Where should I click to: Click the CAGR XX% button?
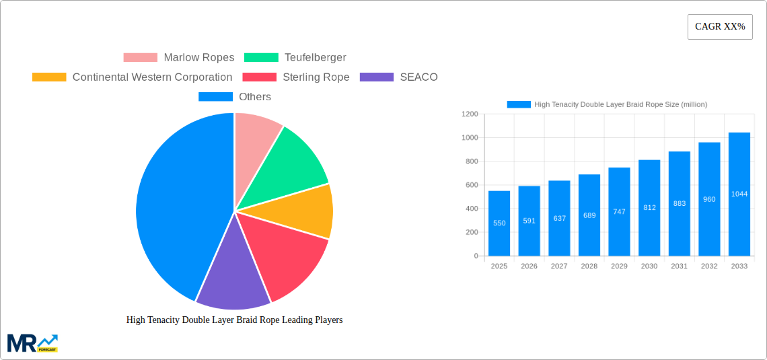720,27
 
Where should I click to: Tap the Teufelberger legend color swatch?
261,58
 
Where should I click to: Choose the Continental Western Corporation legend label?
152,77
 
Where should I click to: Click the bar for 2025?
499,223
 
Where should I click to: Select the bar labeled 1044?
739,194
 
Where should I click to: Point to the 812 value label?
649,208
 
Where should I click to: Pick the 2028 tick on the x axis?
589,266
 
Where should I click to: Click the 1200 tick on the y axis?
470,114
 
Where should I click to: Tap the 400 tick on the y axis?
471,209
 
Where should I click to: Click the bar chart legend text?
620,104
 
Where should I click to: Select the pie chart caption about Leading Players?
234,320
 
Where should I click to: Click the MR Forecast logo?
32,343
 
